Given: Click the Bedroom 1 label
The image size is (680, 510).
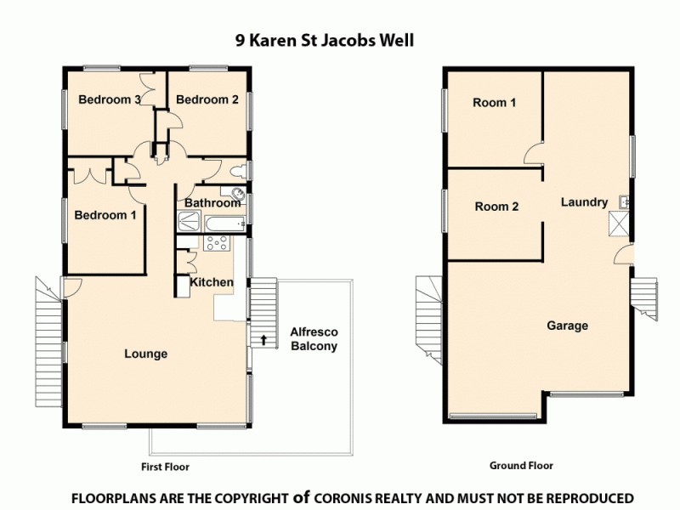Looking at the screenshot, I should click(105, 215).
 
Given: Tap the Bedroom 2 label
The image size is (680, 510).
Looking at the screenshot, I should click(207, 99).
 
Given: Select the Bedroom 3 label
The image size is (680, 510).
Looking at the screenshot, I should click(110, 99).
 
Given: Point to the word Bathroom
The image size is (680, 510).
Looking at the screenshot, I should click(212, 203).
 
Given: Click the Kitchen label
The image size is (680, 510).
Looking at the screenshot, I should click(211, 282).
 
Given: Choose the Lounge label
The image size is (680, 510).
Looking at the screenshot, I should click(145, 354).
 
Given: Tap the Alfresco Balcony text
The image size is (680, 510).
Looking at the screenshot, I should click(314, 339).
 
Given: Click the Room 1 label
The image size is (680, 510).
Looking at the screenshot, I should click(495, 103).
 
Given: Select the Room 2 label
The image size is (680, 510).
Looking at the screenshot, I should click(496, 207).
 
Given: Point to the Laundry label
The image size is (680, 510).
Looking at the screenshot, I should click(584, 202).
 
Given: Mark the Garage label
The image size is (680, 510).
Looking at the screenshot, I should click(567, 326).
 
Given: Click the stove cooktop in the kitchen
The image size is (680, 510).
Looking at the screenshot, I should click(216, 243).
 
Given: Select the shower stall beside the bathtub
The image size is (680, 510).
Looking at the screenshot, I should click(190, 223).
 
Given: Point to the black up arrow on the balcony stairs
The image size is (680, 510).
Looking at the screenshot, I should click(263, 340).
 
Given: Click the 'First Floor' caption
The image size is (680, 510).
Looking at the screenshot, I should click(165, 467).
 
